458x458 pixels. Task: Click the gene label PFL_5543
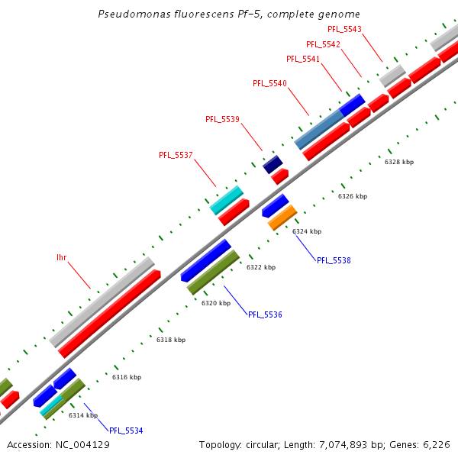(344, 29)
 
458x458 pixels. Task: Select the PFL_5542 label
(323, 44)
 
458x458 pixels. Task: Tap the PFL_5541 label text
(303, 59)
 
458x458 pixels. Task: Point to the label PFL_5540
(269, 83)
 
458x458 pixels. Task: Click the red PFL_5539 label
(222, 119)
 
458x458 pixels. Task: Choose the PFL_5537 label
(176, 155)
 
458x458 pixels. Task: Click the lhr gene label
(62, 257)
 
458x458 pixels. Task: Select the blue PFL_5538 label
(334, 260)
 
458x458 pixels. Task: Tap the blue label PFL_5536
(265, 314)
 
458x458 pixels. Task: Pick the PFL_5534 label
(126, 431)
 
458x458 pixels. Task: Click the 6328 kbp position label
(398, 162)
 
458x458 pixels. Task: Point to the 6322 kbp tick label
(260, 267)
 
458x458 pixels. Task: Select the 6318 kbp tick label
(171, 340)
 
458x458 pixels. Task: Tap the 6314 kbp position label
(82, 415)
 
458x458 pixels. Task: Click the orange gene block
(282, 218)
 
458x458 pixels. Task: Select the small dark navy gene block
(273, 163)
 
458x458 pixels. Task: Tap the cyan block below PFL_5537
(226, 200)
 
